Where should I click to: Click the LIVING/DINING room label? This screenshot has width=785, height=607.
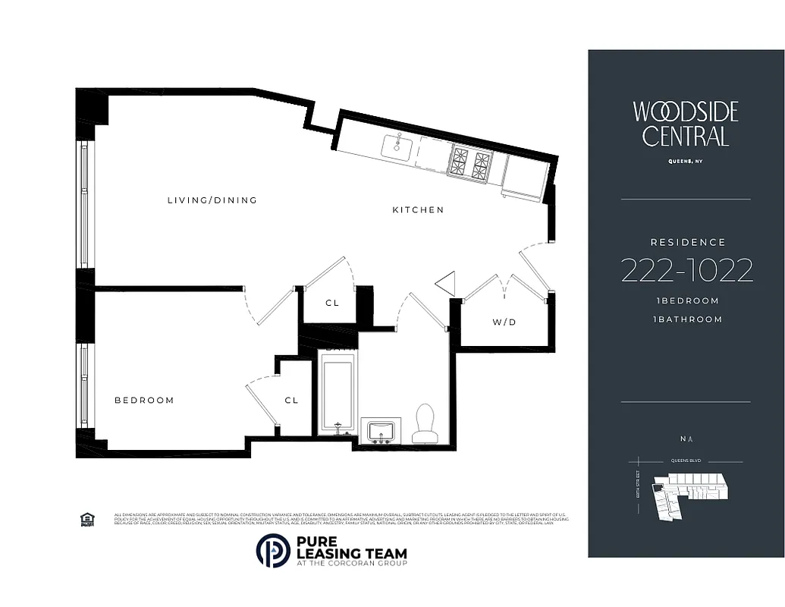point(212,200)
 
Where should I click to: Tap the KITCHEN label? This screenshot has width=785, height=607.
point(418,209)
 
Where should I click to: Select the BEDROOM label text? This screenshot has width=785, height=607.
point(144,400)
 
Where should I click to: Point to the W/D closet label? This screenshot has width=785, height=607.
point(504,322)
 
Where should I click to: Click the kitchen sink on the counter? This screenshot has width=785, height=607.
point(396,145)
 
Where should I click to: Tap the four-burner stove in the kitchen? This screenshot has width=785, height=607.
point(470,162)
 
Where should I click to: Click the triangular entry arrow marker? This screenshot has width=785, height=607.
point(446,283)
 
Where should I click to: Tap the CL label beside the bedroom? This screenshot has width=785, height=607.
point(291,400)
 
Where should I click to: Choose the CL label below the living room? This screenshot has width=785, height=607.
point(332,303)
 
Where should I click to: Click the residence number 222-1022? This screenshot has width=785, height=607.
point(686,270)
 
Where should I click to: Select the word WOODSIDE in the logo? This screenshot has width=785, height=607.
point(686,112)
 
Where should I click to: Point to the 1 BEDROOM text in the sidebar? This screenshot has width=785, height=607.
point(687,300)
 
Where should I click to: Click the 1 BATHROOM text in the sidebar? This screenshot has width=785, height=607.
point(687,319)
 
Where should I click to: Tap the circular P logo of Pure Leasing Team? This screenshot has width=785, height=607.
point(273,551)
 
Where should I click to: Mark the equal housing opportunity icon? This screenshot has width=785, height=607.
point(86,519)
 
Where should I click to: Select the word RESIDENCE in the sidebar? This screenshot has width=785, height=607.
point(688,242)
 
